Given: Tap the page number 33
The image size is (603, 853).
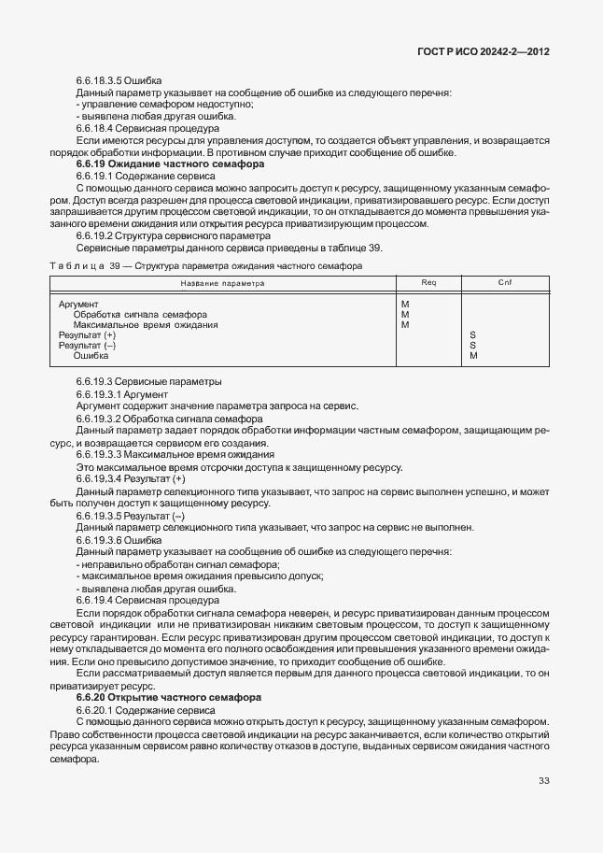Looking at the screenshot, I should [x=543, y=782].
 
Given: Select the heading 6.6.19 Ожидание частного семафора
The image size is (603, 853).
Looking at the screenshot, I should [x=157, y=163].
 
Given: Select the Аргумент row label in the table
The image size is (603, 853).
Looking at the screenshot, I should [x=78, y=305].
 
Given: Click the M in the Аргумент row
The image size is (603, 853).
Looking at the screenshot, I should [x=405, y=305].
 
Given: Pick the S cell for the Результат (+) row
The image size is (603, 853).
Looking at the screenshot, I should [x=473, y=335].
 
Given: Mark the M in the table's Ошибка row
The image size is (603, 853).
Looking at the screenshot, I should [x=473, y=356].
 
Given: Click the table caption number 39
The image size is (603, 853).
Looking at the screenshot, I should [x=116, y=266].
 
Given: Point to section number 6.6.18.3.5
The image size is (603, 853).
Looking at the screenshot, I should [x=105, y=81].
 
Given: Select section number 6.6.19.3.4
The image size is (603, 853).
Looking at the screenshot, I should [x=105, y=478].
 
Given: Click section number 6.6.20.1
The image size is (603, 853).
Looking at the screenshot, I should [x=94, y=710].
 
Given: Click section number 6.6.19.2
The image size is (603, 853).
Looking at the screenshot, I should [x=94, y=236].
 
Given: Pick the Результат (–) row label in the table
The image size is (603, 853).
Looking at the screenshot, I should [x=87, y=346].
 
